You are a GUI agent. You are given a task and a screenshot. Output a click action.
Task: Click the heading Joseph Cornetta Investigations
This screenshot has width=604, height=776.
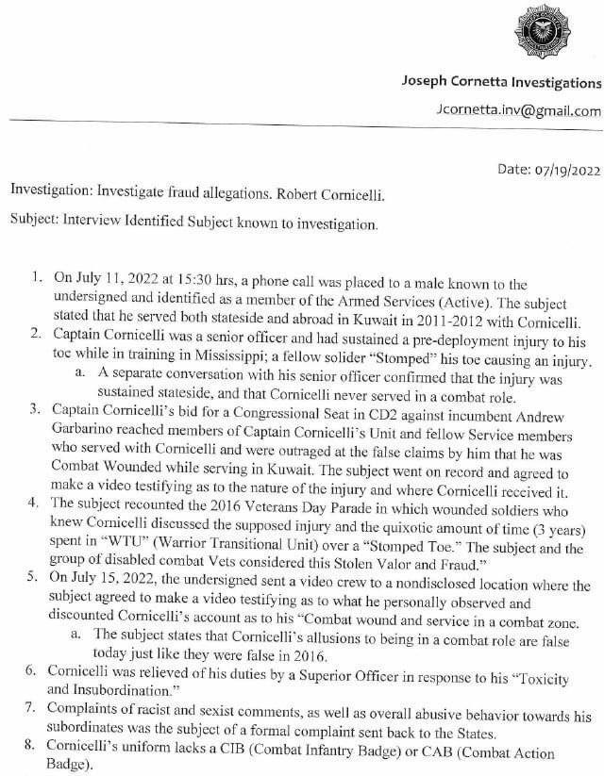(x=501, y=83)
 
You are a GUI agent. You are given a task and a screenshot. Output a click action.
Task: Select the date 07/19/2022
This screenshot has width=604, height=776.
(x=564, y=171)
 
